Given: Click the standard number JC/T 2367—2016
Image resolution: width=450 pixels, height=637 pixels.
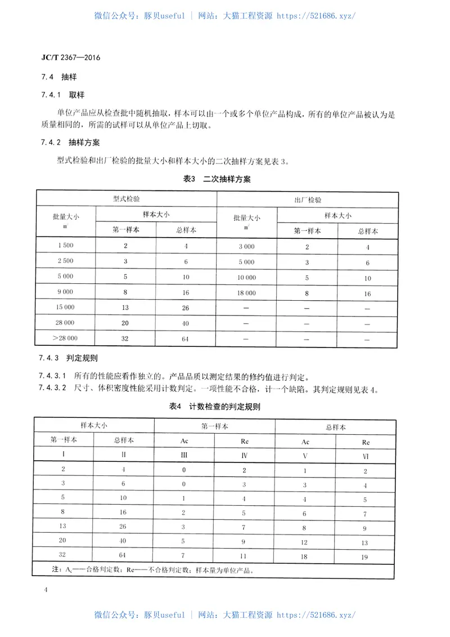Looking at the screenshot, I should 67,57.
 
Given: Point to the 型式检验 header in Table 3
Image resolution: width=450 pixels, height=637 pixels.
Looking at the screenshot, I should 126,200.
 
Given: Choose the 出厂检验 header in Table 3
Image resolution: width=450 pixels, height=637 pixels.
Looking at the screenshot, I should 308,200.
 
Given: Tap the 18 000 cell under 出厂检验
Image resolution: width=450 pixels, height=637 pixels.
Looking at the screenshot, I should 246,293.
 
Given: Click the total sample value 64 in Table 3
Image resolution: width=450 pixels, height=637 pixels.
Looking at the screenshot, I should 186,339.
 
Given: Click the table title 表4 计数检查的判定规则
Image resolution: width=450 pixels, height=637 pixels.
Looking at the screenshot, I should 217,406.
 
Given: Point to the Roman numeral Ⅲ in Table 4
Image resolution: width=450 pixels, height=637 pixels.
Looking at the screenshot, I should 184,454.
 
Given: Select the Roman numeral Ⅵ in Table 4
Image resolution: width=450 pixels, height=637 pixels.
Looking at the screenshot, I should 366,454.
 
